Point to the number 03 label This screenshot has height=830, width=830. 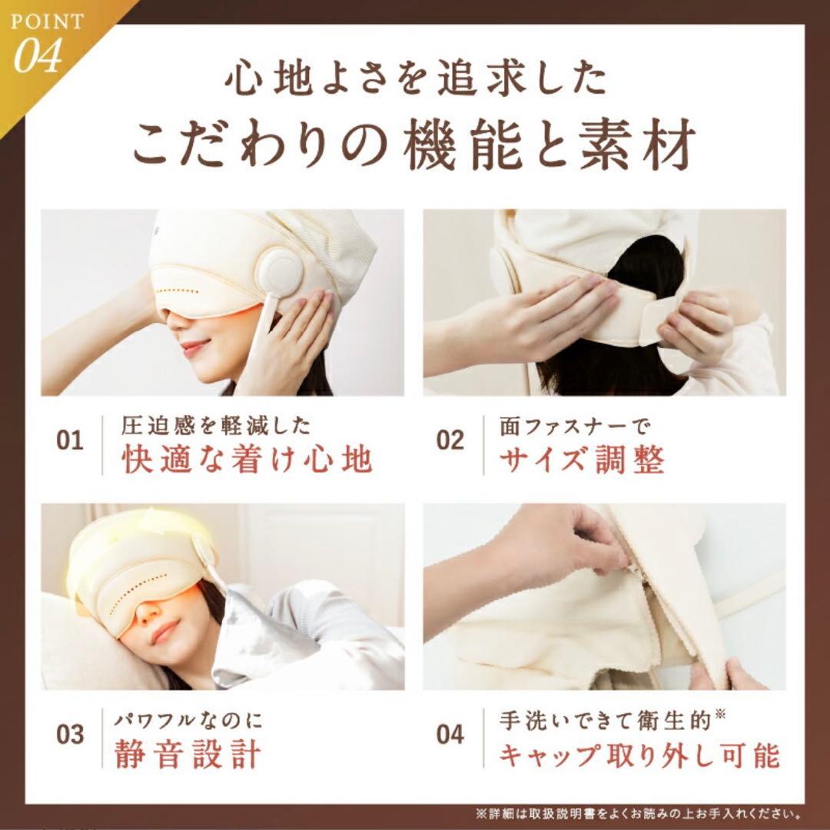(70, 734)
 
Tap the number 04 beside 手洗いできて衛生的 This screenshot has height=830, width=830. (450, 734)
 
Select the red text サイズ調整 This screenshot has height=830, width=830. (582, 460)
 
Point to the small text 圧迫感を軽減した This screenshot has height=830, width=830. (216, 424)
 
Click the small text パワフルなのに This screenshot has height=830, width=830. (189, 720)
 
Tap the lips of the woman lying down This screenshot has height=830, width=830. (164, 632)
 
